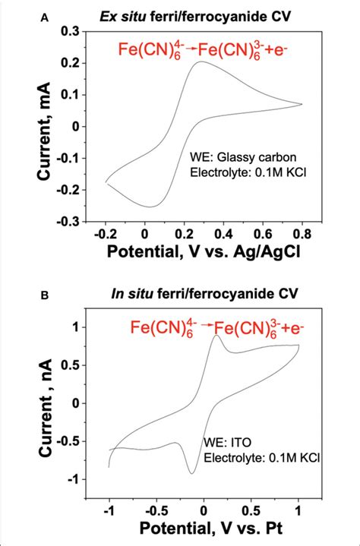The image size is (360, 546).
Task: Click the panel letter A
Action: point(45,12)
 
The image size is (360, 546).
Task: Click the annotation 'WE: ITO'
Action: point(223,441)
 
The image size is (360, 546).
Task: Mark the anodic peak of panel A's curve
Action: point(201,62)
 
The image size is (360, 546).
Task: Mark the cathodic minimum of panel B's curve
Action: point(191,473)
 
